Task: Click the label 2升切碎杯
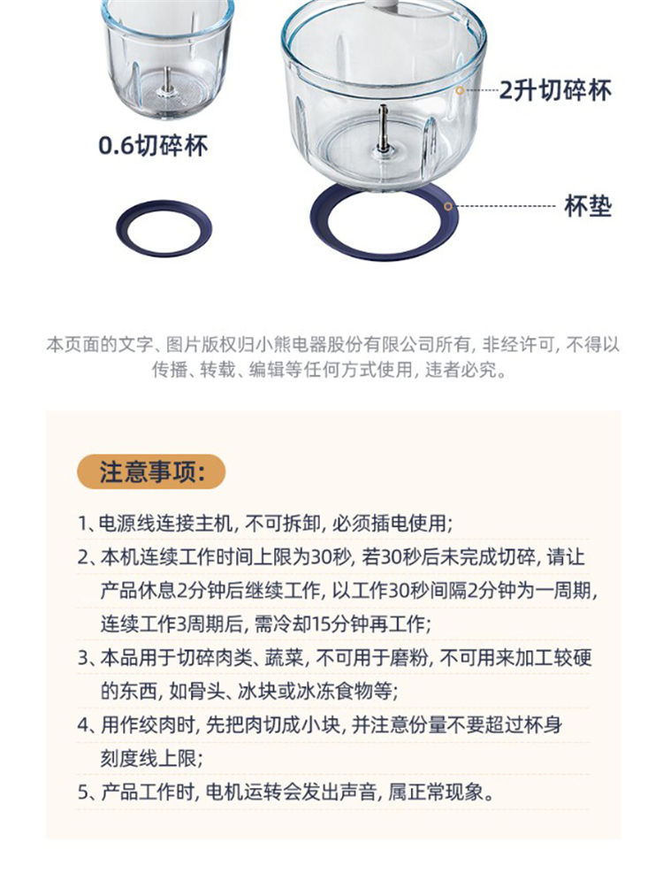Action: (555, 90)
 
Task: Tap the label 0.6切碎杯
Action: (153, 146)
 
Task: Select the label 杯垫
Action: (588, 206)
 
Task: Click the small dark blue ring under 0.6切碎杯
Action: (164, 246)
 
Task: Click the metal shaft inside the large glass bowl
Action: (384, 128)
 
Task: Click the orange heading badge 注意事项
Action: (151, 471)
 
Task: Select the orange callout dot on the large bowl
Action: (460, 90)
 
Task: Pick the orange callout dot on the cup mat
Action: (448, 206)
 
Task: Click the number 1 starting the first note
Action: (82, 524)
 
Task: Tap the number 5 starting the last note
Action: (83, 792)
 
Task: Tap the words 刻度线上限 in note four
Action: (149, 758)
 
